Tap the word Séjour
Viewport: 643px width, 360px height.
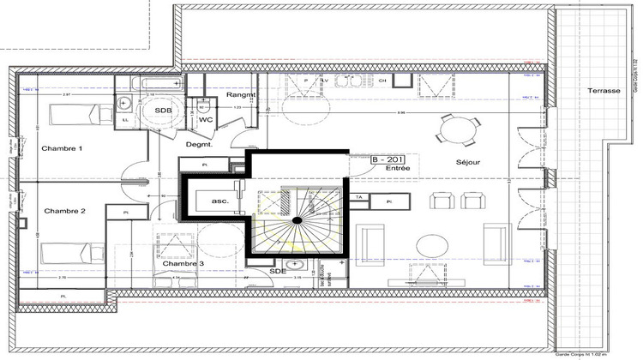coord(468,162)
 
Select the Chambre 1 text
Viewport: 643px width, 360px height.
coord(62,148)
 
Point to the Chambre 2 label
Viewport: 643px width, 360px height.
coord(64,210)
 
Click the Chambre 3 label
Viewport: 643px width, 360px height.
coord(183,263)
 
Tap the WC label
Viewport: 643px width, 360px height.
coord(206,122)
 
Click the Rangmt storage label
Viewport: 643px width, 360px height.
coord(243,95)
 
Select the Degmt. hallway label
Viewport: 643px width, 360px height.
coord(200,145)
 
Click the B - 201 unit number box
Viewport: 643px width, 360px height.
coord(388,159)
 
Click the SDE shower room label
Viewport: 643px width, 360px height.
coord(277,271)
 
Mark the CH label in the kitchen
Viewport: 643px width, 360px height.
coord(383,81)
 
